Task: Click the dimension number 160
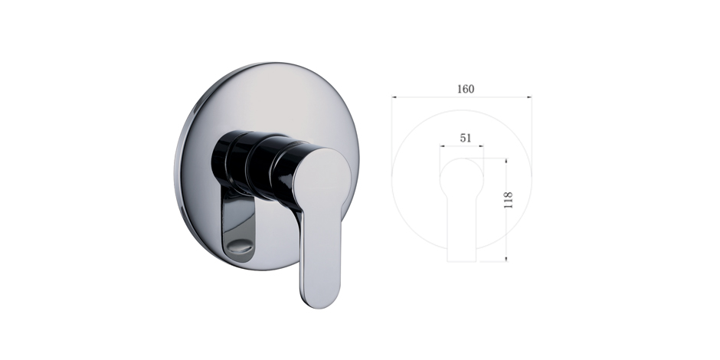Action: click(466, 89)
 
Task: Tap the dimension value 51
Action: click(466, 138)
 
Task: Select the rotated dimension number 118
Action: click(509, 200)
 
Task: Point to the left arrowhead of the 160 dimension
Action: click(394, 97)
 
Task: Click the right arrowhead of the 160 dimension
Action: click(529, 97)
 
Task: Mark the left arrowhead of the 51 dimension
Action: click(442, 146)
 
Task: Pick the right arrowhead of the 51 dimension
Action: click(481, 146)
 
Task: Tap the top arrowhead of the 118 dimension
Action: click(506, 161)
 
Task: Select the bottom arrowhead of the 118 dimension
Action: click(506, 259)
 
